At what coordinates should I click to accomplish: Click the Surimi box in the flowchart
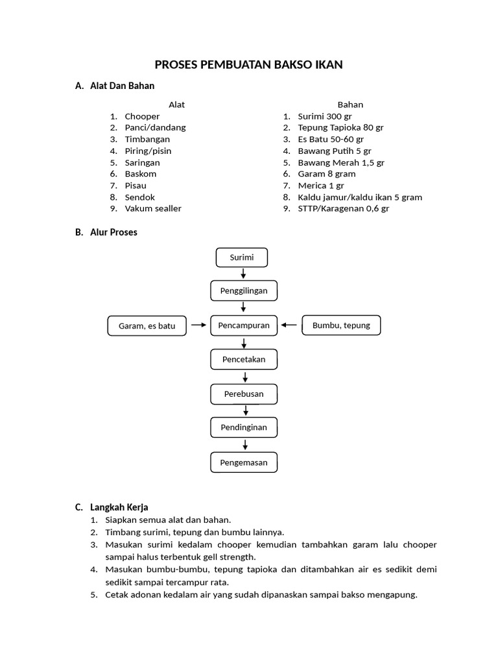(x=241, y=257)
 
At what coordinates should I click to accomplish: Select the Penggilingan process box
(x=243, y=290)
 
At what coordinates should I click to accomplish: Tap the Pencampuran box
(x=244, y=325)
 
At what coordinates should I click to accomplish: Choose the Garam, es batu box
(x=147, y=326)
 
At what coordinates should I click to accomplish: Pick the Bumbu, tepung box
(x=341, y=325)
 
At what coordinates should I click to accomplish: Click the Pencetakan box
(x=244, y=359)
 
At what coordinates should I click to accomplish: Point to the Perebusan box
(x=244, y=394)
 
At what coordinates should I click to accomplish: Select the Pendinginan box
(x=244, y=428)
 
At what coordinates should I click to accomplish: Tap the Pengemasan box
(x=244, y=462)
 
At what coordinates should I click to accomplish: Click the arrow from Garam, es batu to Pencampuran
(x=198, y=325)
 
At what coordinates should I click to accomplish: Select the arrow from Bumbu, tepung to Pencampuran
(x=290, y=325)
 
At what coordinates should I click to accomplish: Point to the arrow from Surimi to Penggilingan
(x=243, y=273)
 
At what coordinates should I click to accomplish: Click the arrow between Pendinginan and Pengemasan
(x=245, y=445)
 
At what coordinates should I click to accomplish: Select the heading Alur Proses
(x=113, y=232)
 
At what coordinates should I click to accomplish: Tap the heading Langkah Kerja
(x=120, y=507)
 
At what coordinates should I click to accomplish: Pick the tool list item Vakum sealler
(x=153, y=208)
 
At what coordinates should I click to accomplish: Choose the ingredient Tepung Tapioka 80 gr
(x=340, y=127)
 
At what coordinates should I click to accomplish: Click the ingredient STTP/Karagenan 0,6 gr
(x=344, y=208)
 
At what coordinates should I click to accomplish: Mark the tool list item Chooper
(x=142, y=116)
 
